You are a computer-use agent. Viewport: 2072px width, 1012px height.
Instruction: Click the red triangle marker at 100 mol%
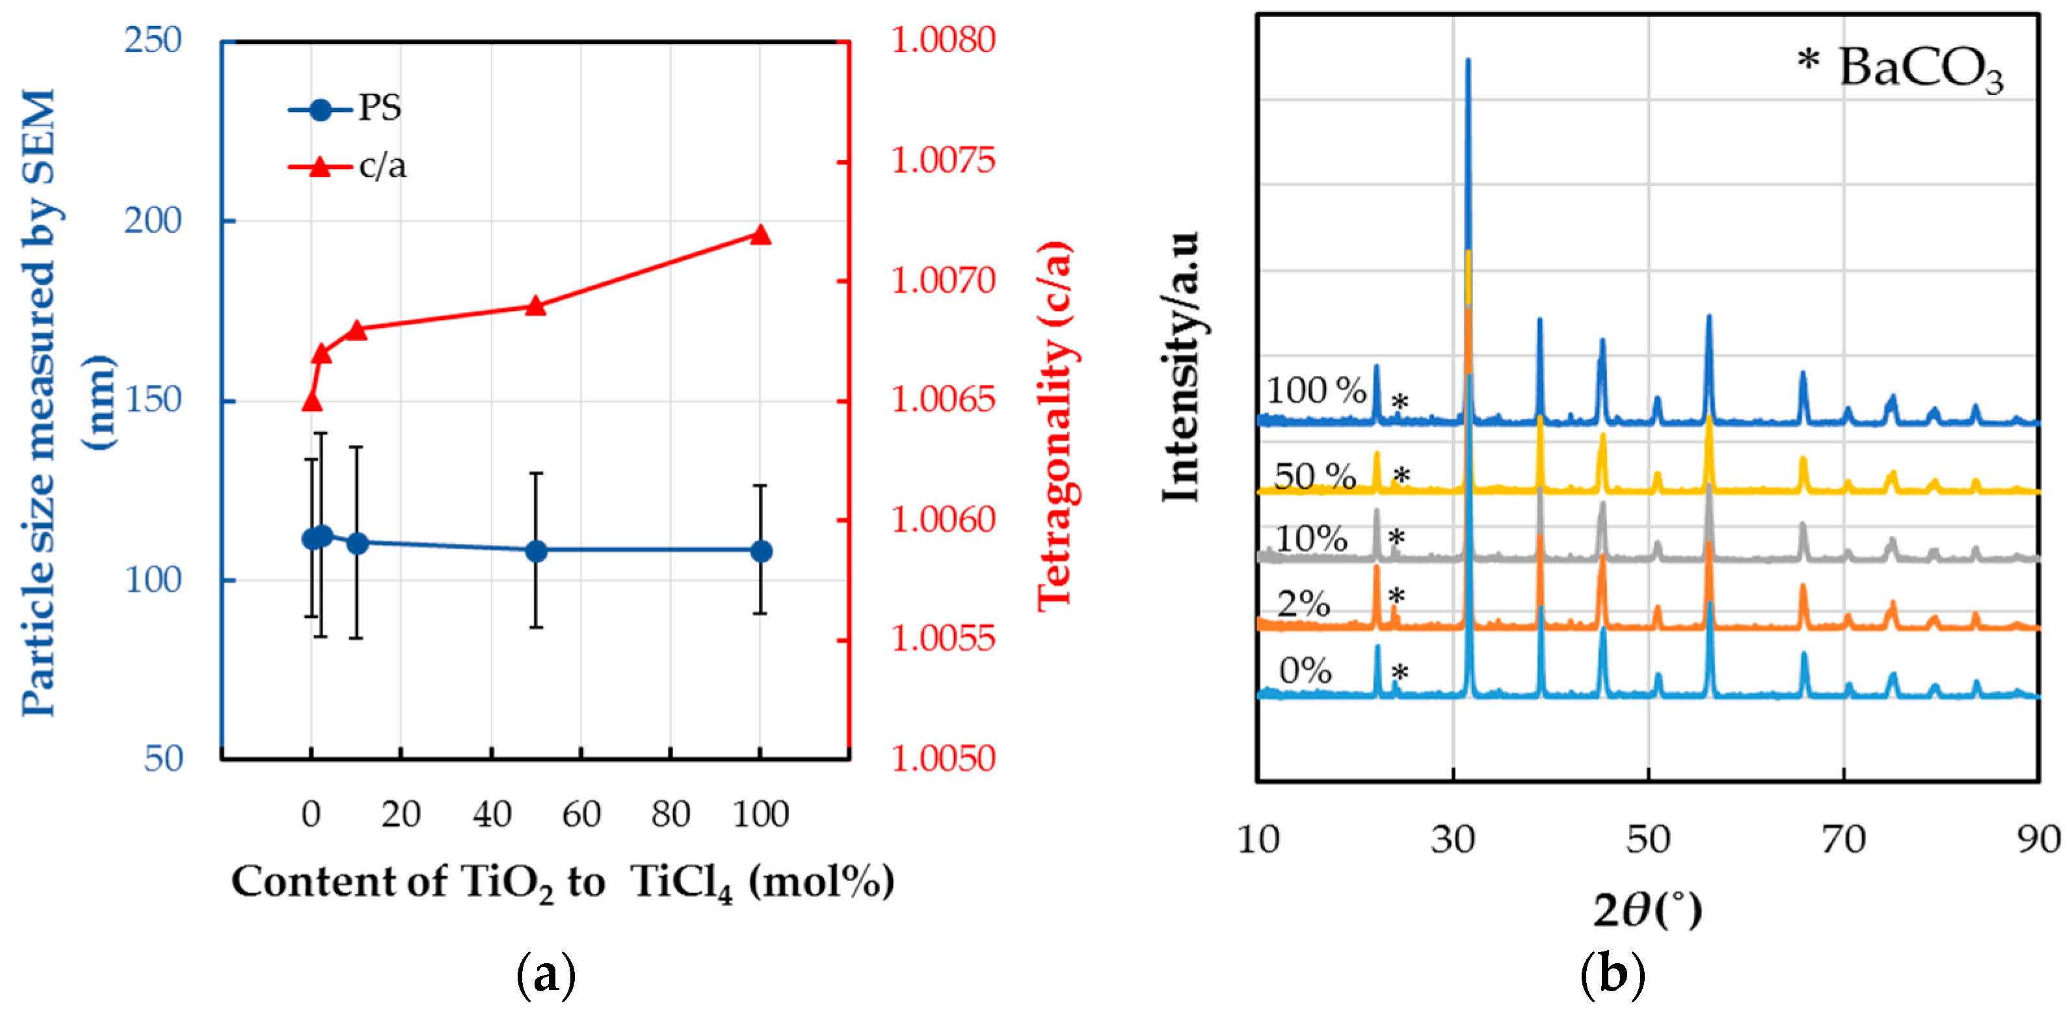760,235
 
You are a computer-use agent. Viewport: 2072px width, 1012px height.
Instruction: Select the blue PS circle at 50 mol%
536,551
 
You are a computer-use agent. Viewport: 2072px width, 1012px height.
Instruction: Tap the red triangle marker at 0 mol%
312,401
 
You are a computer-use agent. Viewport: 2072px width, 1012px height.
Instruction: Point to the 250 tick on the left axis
153,40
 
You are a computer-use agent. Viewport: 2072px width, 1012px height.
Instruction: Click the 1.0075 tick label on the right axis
943,160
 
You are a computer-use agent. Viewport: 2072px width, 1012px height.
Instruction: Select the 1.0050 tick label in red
943,758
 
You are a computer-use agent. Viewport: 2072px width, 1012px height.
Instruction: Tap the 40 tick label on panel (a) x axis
492,814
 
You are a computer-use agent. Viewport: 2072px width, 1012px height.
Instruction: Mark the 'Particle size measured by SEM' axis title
40,402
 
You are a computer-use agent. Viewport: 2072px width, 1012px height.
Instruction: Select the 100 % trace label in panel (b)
1316,391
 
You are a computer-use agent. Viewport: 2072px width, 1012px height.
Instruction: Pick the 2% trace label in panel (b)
1304,604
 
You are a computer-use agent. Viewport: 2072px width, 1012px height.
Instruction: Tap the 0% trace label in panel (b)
1305,670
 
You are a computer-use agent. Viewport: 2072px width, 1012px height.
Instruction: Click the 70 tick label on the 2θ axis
1843,840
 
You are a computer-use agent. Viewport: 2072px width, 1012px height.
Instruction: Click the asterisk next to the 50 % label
1401,476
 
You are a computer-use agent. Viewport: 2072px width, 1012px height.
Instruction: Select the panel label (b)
1612,974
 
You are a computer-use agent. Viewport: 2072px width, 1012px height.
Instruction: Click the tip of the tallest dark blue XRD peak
1468,60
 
